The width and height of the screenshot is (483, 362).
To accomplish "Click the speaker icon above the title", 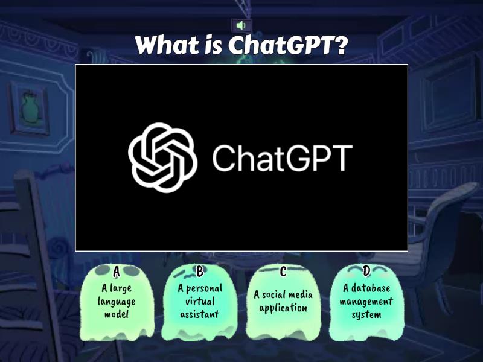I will [241, 25].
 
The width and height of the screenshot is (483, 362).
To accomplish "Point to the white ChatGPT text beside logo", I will [281, 158].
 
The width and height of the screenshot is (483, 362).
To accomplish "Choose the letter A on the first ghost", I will [117, 273].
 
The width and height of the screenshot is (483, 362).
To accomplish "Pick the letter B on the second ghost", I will [200, 273].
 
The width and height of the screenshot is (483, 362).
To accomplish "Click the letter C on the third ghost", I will [283, 273].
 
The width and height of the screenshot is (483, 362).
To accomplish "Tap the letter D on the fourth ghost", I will [366, 273].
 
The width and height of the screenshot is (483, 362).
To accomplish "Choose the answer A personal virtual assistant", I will [200, 301].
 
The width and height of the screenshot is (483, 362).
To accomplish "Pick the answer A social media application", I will [283, 301].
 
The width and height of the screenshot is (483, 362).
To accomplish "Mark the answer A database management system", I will [366, 301].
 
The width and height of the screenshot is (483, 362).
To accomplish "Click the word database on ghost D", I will [371, 288].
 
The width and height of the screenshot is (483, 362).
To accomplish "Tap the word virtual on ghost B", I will [200, 301].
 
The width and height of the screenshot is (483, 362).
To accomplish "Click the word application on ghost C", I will [283, 308].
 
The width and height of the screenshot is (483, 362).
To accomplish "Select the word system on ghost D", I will [366, 314].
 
